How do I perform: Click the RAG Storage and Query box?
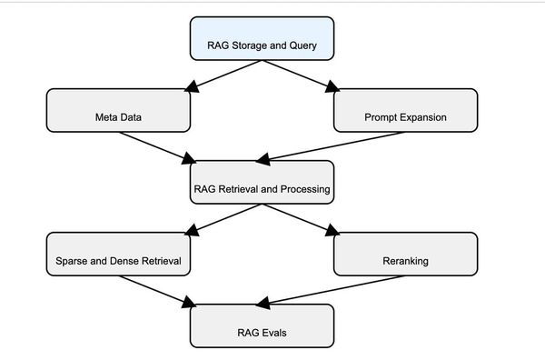pyautogui.click(x=262, y=38)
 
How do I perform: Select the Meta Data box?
pyautogui.click(x=118, y=110)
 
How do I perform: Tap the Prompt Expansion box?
pyautogui.click(x=405, y=110)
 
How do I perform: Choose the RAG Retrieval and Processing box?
pyautogui.click(x=262, y=182)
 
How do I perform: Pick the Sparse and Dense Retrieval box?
pyautogui.click(x=118, y=254)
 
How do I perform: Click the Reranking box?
pyautogui.click(x=405, y=254)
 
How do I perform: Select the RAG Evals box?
pyautogui.click(x=262, y=325)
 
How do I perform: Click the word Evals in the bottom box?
pyautogui.click(x=273, y=333)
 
